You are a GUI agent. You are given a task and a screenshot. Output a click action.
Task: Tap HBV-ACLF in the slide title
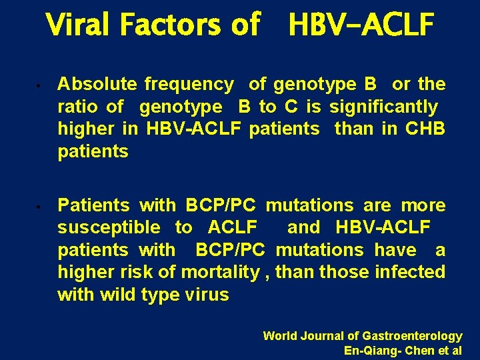361,25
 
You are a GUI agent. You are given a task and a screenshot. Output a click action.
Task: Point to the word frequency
189,85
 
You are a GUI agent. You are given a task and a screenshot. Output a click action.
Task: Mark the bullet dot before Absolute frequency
41,86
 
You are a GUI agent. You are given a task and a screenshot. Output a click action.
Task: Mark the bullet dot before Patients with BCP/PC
41,207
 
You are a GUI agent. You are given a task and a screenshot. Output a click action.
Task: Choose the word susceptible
109,227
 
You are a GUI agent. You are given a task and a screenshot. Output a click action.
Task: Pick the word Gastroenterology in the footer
412,336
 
